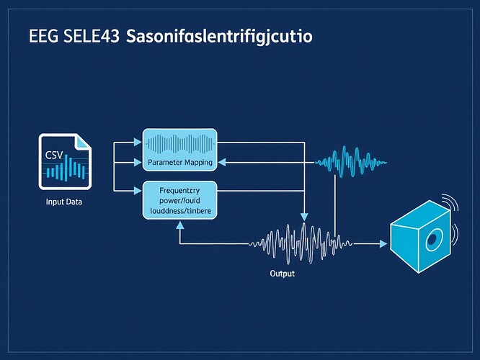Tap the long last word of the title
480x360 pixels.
pos(219,37)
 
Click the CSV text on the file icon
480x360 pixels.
pos(54,156)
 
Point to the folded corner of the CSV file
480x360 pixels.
pos(84,141)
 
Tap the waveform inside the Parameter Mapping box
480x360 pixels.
pos(179,143)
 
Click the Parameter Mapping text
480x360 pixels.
pos(179,163)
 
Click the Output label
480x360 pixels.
pos(283,274)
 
